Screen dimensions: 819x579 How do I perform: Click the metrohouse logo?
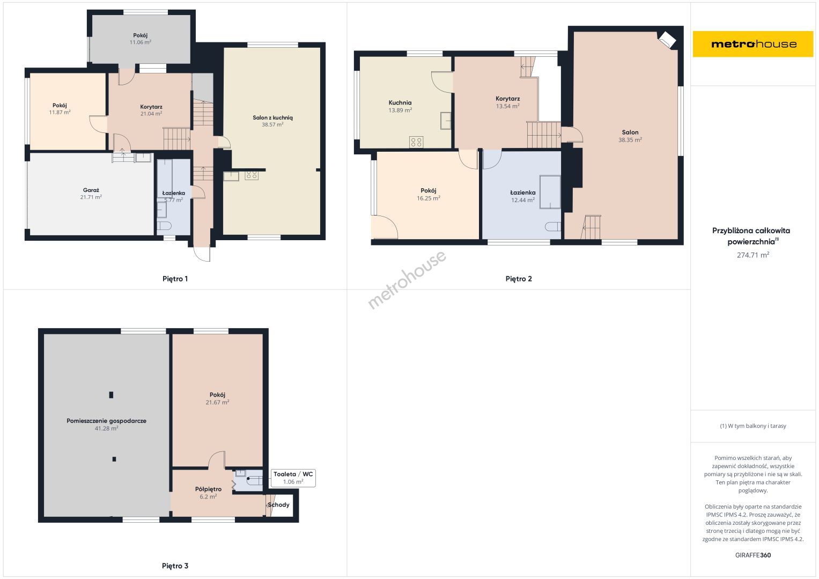coord(753,44)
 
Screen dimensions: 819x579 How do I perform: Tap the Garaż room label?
coord(91,190)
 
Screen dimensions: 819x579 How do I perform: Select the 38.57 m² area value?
coord(272,124)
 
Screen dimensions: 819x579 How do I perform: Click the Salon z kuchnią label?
coord(273,118)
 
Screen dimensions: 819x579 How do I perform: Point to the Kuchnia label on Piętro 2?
coord(400,103)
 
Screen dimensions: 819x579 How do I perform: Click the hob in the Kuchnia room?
coord(416,142)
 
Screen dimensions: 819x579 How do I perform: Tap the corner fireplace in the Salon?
coord(667,40)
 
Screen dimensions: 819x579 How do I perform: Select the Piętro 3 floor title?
coord(175,566)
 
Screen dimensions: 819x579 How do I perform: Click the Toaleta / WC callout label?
coord(293,474)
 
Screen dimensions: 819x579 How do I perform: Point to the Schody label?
coord(278,505)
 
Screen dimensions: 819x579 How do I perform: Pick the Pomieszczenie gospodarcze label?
coord(106,421)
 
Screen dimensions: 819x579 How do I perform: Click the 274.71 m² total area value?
coord(753,255)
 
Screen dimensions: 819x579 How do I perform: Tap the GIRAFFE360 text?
coord(753,555)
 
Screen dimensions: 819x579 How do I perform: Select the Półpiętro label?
coord(209,489)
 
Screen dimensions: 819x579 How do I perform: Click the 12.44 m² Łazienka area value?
coord(523,201)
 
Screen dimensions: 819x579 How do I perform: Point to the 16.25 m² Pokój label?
coord(429,195)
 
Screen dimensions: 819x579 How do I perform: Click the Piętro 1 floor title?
coord(175,279)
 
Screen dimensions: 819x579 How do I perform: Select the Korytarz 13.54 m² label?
coord(507,102)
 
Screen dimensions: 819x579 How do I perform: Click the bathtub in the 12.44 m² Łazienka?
coord(550,192)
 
